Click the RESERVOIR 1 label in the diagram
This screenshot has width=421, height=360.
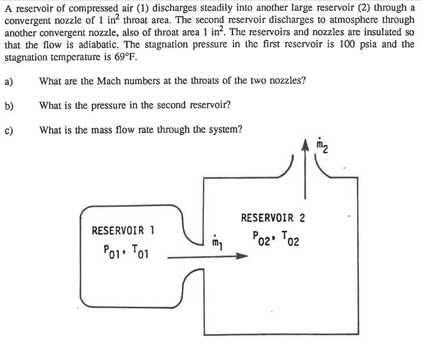tap(123, 230)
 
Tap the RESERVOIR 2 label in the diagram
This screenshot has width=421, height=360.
tap(273, 218)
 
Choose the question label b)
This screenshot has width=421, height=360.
tap(9, 106)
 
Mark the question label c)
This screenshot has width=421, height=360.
tap(9, 130)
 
